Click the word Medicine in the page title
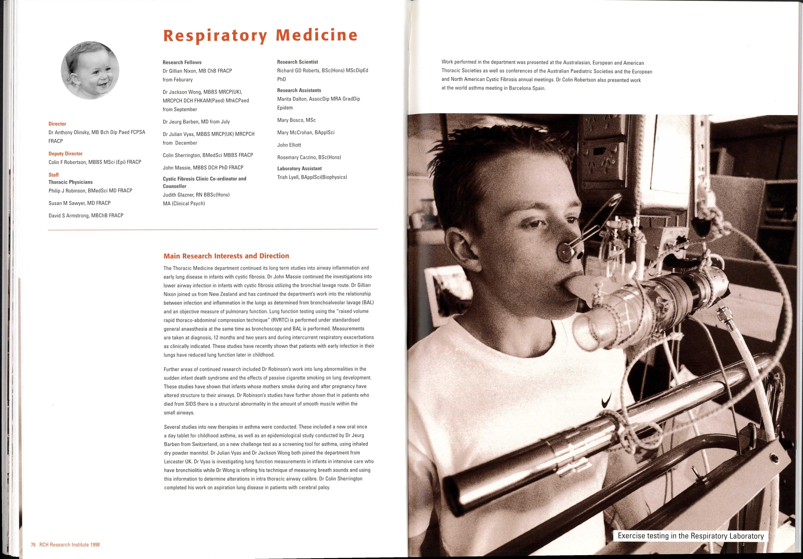(x=317, y=35)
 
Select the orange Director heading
(x=57, y=124)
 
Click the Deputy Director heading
(x=65, y=154)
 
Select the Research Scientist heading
(x=297, y=62)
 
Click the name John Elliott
(x=289, y=145)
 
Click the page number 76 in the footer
(x=33, y=545)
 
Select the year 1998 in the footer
(x=95, y=545)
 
